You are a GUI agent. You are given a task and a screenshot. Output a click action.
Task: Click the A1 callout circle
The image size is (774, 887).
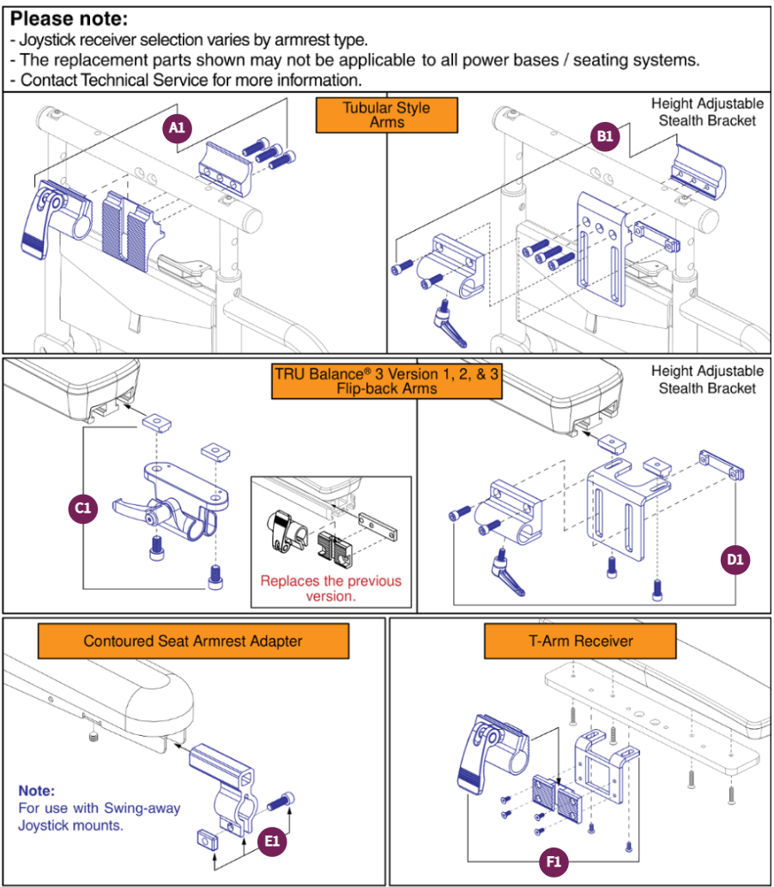[x=177, y=127]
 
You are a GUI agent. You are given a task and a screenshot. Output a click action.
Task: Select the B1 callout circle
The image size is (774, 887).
[x=604, y=136]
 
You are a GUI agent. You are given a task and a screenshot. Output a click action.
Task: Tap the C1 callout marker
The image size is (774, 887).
[x=82, y=508]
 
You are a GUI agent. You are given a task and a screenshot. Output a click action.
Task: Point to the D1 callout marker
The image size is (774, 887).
[x=735, y=561]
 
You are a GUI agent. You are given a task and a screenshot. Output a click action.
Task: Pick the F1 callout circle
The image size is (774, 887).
[x=553, y=861]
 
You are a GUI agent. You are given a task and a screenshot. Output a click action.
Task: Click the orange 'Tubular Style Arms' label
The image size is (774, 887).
[x=387, y=115]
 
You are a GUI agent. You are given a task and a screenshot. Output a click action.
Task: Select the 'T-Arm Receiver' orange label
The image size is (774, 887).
[x=581, y=641]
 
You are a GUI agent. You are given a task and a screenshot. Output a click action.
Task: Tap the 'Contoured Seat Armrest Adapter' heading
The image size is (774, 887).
[x=193, y=641]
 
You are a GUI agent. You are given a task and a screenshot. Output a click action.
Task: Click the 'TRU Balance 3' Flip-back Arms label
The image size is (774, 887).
[x=387, y=381]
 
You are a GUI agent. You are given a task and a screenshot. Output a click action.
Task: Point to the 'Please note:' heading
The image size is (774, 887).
[x=69, y=19]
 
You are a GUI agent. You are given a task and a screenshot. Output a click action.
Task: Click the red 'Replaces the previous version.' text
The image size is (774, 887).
[x=330, y=588]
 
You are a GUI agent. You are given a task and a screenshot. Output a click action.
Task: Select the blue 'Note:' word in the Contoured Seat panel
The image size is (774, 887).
[x=37, y=790]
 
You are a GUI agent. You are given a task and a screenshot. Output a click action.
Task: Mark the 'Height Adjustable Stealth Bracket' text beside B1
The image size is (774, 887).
[x=707, y=112]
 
